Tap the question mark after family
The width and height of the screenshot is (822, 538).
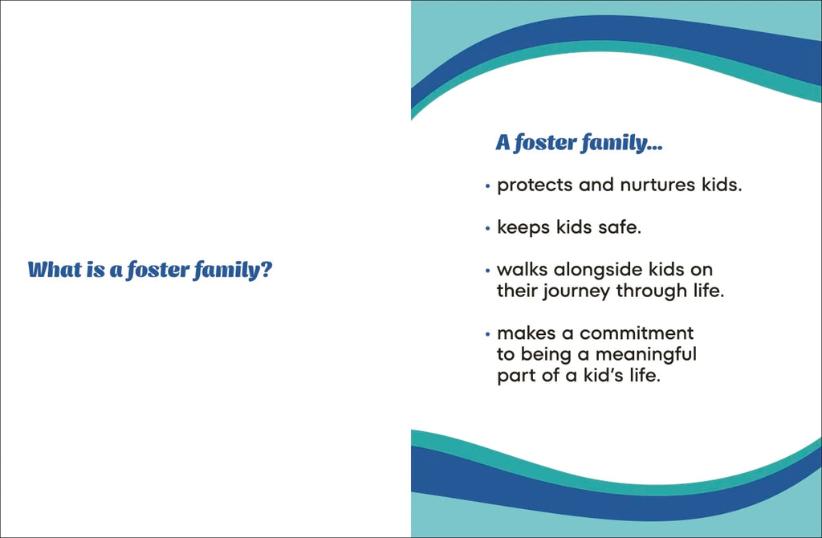267,270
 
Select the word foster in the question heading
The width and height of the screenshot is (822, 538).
158,271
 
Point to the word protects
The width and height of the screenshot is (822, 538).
534,185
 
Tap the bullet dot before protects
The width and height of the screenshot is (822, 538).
487,186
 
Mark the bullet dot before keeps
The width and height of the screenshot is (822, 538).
487,229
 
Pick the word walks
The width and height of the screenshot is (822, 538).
522,270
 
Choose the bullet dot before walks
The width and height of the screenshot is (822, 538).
487,271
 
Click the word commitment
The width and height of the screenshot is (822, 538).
637,333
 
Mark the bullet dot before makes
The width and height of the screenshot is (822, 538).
487,335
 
